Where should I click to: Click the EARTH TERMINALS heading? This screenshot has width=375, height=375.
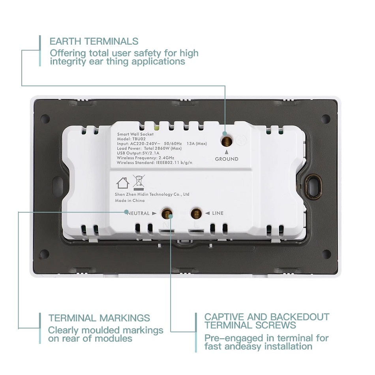click(94, 41)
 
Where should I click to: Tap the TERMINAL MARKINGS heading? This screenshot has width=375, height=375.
click(99, 318)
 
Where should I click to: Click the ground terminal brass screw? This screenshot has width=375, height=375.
click(226, 140)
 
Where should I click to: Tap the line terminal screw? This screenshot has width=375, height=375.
click(195, 214)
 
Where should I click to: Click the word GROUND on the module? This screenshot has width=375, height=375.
click(227, 159)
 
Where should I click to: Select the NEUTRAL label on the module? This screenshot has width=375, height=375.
click(138, 213)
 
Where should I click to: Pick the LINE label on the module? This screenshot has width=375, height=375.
click(217, 213)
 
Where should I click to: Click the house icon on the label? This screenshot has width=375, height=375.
click(122, 183)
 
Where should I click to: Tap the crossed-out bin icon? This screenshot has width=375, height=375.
click(138, 182)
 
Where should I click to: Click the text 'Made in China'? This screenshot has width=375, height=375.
click(130, 201)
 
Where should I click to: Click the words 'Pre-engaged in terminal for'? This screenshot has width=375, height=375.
click(266, 338)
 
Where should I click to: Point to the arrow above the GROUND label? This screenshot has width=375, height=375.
click(227, 152)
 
